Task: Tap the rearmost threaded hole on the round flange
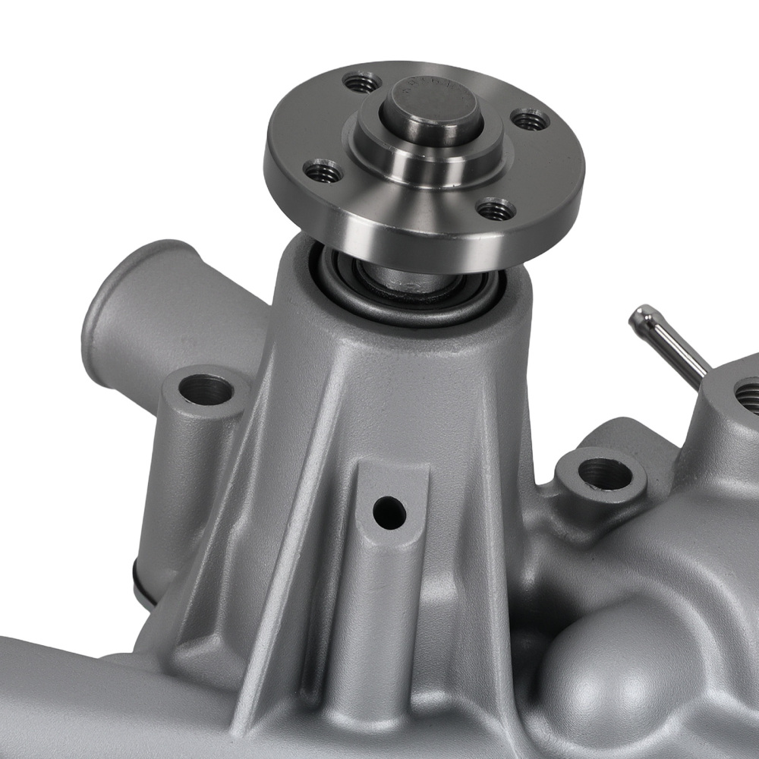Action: [x=361, y=80]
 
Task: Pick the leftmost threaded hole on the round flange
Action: [x=323, y=170]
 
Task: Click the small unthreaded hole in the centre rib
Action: [x=389, y=513]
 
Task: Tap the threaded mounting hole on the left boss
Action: [x=206, y=390]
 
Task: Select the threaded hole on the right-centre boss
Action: [x=604, y=474]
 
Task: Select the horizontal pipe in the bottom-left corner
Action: [x=68, y=683]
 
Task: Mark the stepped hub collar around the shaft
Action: [x=425, y=156]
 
